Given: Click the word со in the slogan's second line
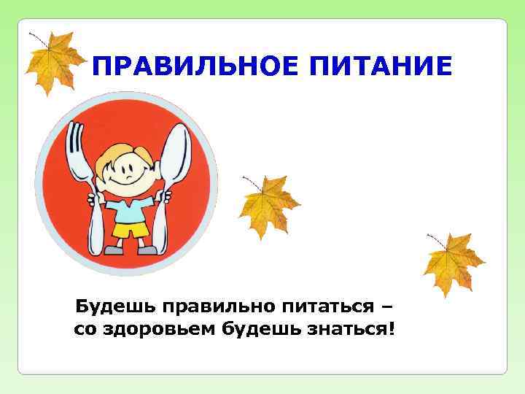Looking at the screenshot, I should pos(84,330).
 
